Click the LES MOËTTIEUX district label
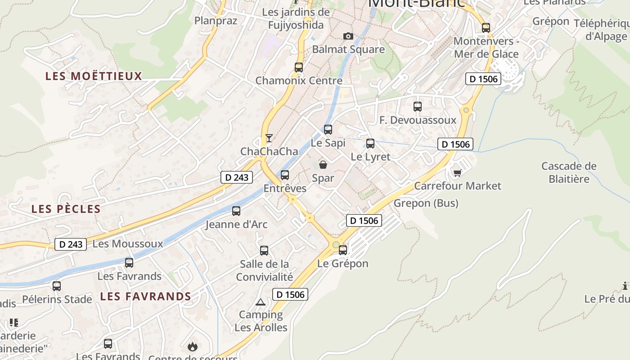94,76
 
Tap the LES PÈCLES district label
66,209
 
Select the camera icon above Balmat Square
348,36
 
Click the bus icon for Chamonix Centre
299,68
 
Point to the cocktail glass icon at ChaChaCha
269,138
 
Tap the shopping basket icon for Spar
323,165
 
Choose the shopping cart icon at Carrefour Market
458,173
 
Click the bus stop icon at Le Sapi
328,130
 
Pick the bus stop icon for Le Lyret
370,144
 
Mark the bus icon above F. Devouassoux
418,107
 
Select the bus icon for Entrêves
285,175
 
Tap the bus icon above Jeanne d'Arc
236,211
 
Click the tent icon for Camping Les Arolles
260,302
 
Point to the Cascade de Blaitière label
569,172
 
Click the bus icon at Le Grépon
343,250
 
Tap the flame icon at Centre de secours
193,346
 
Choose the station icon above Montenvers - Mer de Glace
486,27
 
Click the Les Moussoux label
127,244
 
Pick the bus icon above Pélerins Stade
57,286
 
